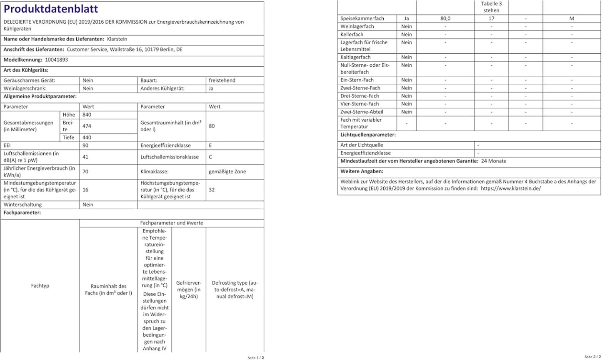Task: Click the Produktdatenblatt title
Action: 51,9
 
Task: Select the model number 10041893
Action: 56,60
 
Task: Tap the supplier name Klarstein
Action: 117,39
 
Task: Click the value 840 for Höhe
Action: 87,115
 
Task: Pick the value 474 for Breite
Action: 87,126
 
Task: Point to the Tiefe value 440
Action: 87,137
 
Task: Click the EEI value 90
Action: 86,145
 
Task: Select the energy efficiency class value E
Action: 210,145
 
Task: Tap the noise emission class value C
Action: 211,157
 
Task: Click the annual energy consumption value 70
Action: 85,171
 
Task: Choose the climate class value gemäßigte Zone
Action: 227,171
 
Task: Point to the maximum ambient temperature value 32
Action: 212,190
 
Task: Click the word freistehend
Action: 222,80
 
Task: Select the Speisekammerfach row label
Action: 362,19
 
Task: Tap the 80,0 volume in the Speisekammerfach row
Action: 445,19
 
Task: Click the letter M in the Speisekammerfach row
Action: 572,19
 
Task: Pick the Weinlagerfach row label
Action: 357,27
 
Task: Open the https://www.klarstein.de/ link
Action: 511,188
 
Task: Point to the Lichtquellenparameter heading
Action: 368,135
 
